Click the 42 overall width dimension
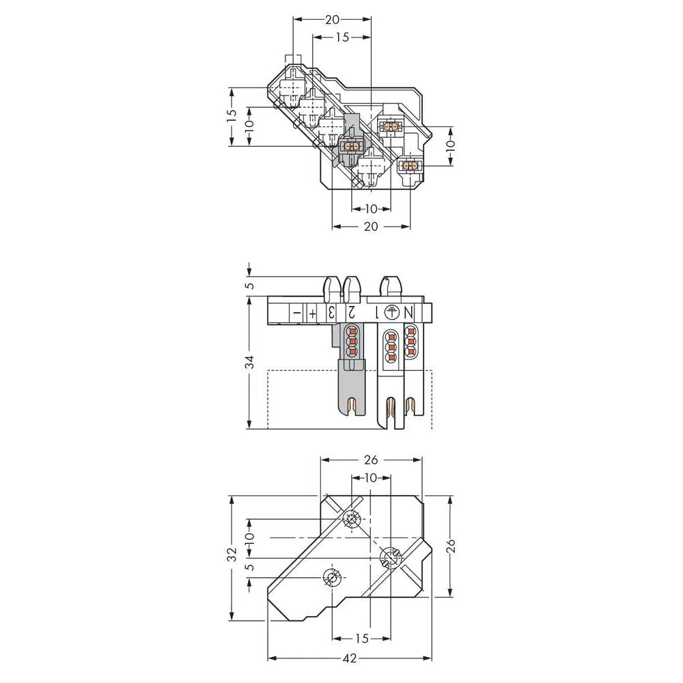pos(349,658)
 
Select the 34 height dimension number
pos(251,361)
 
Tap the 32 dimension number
pos(232,552)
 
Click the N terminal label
pos(409,313)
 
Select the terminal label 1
pos(374,313)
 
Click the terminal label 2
pos(351,313)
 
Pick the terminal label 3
pos(331,313)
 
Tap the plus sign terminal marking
pos(313,313)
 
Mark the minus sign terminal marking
pos(296,313)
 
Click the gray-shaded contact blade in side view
pos(350,386)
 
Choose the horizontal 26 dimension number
pos(371,460)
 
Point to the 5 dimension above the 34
pos(250,285)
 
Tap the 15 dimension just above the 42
pos(362,638)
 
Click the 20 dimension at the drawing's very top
pos(333,20)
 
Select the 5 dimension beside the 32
pos(250,567)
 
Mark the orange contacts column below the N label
pos(410,341)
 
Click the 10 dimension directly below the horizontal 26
pos(370,477)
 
